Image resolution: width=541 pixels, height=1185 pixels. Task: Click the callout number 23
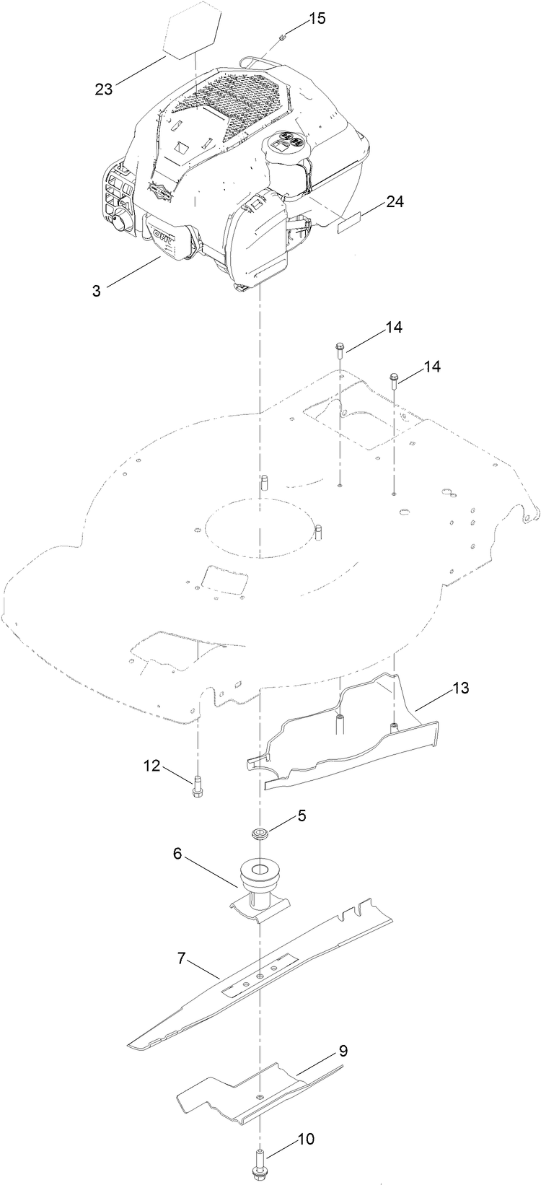tap(105, 89)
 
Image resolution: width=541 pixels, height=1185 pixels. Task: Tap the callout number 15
tap(317, 18)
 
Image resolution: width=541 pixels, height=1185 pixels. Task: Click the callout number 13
tap(461, 688)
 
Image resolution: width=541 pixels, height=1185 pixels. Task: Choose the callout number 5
tap(302, 815)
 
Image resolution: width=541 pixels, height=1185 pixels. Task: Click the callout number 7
tap(182, 958)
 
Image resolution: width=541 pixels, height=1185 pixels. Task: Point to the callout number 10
tap(305, 1139)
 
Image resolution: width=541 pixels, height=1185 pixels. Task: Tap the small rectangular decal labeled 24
tap(351, 224)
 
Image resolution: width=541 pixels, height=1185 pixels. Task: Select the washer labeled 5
tap(258, 834)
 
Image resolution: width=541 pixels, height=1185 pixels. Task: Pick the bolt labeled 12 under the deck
tap(198, 786)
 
